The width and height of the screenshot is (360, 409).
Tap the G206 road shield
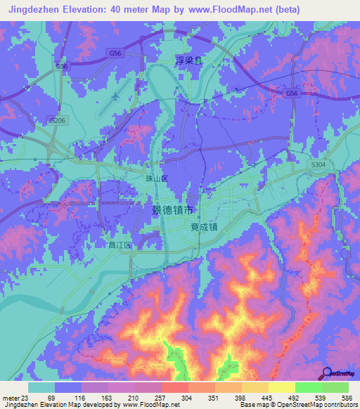tap(57, 121)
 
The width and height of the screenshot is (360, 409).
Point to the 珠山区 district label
tap(157, 179)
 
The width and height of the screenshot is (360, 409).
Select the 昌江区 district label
tap(120, 245)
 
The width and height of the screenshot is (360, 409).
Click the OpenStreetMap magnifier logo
tap(326, 373)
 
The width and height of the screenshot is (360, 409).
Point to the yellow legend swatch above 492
tap(282, 387)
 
